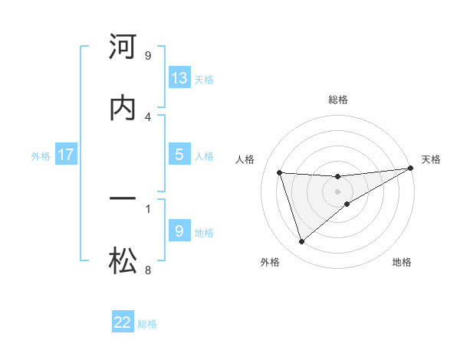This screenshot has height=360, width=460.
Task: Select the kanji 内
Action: pyautogui.click(x=123, y=108)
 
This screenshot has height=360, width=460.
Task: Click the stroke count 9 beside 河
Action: pyautogui.click(x=147, y=55)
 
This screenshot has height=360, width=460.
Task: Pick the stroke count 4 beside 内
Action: pyautogui.click(x=147, y=116)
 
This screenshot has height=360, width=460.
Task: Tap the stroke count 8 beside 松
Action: pyautogui.click(x=147, y=270)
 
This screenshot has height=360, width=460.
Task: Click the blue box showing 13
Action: pyautogui.click(x=179, y=78)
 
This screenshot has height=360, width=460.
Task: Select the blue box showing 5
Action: pyautogui.click(x=179, y=155)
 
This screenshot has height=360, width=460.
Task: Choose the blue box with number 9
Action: pyautogui.click(x=179, y=231)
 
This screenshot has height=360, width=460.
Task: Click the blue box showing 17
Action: pyautogui.click(x=66, y=155)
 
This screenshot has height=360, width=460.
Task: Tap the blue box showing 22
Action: pyautogui.click(x=123, y=322)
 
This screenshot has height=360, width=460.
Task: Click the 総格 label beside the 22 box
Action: pyautogui.click(x=147, y=324)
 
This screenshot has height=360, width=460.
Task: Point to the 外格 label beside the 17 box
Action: pyautogui.click(x=41, y=156)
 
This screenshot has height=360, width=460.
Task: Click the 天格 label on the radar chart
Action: pyautogui.click(x=431, y=159)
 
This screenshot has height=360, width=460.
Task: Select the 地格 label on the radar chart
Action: pyautogui.click(x=402, y=262)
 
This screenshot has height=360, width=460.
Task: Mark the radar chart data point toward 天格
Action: pyautogui.click(x=411, y=168)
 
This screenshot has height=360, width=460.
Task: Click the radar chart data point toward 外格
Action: pyautogui.click(x=301, y=242)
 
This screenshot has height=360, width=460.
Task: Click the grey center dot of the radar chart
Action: pyautogui.click(x=338, y=191)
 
